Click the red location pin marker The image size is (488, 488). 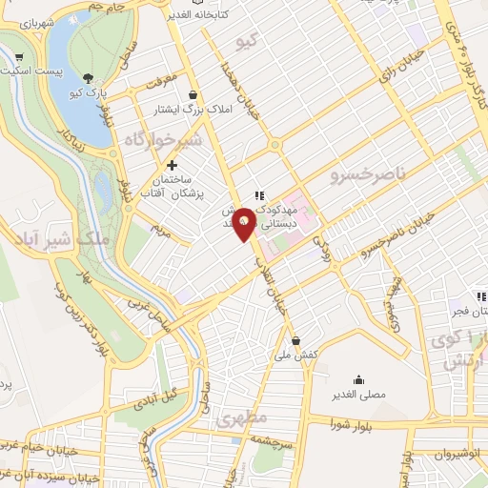[x=244, y=223]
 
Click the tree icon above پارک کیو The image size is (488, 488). [x=89, y=78]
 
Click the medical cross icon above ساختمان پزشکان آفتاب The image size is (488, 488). [x=172, y=165]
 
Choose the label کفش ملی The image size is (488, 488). [x=295, y=355]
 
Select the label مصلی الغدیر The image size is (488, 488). [x=358, y=395]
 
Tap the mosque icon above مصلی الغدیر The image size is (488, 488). [x=358, y=378]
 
